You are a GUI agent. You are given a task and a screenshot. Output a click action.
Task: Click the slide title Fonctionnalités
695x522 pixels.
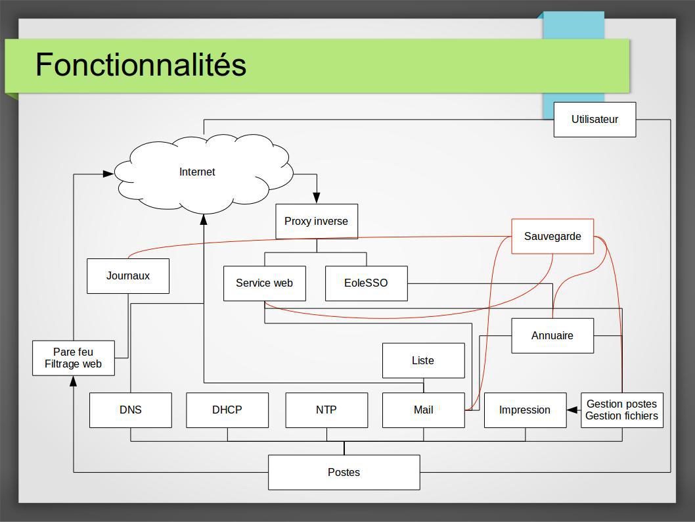[x=141, y=64]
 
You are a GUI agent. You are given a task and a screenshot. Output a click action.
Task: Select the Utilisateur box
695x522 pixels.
[x=594, y=119]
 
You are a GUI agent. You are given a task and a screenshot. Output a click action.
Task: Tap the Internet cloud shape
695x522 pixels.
[x=204, y=174]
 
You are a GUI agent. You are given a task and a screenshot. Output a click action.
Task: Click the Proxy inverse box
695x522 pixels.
[x=317, y=222]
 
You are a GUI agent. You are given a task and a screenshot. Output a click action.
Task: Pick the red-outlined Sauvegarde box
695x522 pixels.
[x=552, y=237]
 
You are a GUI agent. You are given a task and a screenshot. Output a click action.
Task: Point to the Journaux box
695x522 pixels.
[x=128, y=276]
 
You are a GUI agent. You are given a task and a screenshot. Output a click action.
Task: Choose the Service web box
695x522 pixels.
[x=265, y=283]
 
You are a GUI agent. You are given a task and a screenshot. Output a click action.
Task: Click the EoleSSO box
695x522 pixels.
[x=366, y=283]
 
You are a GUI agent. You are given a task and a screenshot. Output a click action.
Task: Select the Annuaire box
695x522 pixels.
[x=552, y=336]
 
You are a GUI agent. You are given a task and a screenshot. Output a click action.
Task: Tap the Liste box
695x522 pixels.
[x=423, y=360]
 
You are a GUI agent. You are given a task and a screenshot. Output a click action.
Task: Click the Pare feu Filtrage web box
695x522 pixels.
[x=74, y=358]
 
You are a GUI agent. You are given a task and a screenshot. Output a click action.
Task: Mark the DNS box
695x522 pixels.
[x=130, y=410]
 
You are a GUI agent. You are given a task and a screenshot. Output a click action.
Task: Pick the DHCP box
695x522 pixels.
[x=227, y=410]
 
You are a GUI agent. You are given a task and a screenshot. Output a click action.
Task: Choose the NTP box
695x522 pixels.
[x=326, y=410]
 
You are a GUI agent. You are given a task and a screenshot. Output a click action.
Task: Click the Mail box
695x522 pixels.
[x=423, y=410]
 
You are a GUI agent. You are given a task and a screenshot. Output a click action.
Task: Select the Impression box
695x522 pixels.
[x=526, y=410]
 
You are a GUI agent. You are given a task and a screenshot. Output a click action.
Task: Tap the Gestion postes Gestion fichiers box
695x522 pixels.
[x=622, y=410]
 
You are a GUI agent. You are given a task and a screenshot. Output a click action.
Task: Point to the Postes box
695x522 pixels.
[x=344, y=472]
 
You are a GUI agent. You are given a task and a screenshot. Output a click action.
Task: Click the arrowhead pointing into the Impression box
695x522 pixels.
[x=572, y=410]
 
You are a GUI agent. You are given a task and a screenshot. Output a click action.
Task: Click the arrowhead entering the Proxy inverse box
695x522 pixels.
[x=317, y=199]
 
